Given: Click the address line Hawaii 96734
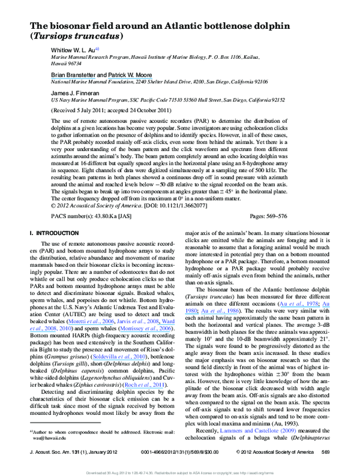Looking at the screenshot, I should coord(66,62).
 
